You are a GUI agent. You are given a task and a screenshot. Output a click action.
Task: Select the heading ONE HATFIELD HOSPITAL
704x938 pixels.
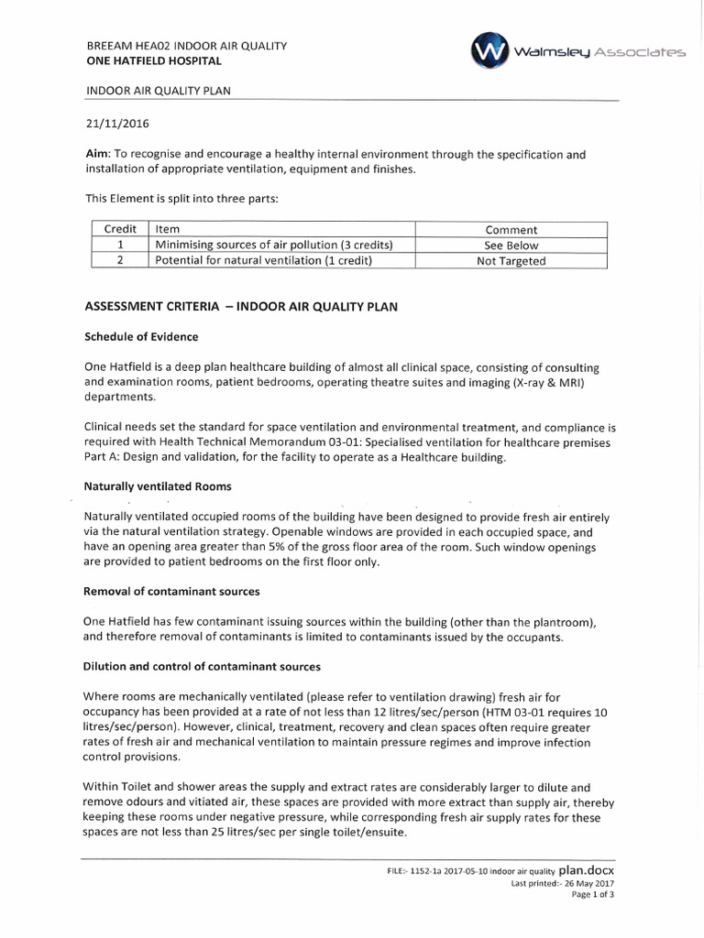tap(153, 61)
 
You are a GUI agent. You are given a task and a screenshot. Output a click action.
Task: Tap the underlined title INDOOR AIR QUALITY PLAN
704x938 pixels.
tap(158, 92)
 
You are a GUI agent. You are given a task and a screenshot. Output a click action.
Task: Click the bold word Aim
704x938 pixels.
tap(97, 155)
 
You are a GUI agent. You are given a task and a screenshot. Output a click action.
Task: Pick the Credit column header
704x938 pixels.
tap(120, 229)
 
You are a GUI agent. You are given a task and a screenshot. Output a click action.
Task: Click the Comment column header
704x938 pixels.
tap(511, 230)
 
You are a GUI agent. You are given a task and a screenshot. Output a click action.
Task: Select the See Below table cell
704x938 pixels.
tap(511, 245)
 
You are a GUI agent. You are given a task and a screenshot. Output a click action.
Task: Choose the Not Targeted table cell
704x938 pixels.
tap(511, 261)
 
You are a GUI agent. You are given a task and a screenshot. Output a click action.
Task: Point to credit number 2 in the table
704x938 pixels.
tap(120, 261)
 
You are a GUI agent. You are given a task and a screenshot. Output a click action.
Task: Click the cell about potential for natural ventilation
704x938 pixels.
tap(264, 261)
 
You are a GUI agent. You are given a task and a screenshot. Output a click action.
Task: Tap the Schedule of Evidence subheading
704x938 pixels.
tap(141, 336)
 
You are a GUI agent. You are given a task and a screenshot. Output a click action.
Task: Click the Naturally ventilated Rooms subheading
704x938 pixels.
tap(158, 485)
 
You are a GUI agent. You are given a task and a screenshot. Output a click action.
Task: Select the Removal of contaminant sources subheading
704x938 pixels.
tap(171, 591)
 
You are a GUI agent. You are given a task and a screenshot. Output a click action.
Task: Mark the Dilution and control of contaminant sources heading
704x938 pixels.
tap(202, 665)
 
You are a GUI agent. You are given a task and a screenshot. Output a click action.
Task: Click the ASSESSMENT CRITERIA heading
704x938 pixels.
tap(241, 307)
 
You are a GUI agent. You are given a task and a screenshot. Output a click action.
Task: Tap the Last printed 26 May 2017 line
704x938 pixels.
tap(562, 884)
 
